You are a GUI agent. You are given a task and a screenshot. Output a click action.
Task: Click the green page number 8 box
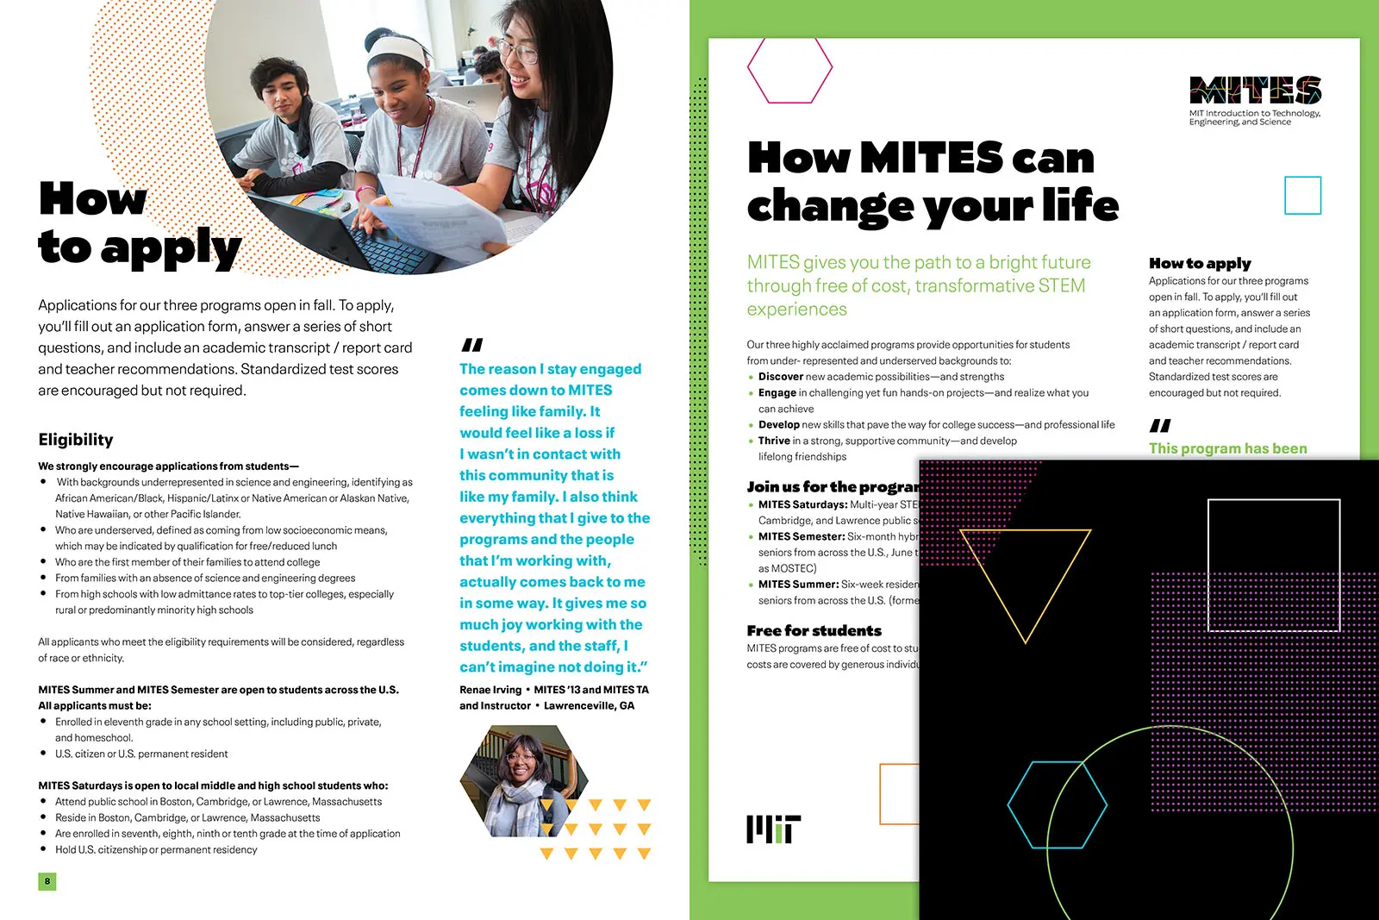47,881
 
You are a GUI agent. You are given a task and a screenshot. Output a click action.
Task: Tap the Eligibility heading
76,440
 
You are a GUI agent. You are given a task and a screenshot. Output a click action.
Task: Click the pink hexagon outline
789,69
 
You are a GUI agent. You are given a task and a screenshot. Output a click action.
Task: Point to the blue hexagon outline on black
1058,804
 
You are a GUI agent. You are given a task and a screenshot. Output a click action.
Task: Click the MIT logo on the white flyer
773,829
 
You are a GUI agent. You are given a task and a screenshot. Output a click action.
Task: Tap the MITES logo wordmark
1255,91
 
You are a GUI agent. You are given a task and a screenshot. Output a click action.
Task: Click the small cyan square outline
1302,196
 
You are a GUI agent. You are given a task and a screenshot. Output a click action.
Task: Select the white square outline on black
1274,566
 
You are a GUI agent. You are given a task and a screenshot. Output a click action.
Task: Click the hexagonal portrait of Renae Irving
523,781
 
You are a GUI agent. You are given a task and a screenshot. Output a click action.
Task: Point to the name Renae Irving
490,690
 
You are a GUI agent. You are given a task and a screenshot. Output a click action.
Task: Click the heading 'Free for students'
814,630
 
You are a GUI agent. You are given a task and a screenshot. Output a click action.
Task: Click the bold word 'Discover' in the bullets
780,377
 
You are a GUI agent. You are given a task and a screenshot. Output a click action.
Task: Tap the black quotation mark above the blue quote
472,345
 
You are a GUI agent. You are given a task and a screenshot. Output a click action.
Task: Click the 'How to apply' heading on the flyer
1200,263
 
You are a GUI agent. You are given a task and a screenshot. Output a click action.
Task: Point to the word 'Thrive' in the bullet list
774,441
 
